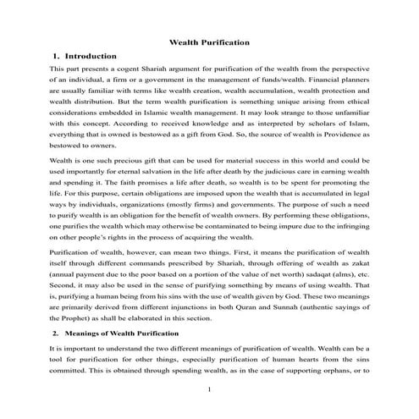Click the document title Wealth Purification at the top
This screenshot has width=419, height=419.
pos(209,40)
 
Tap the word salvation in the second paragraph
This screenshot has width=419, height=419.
pos(132,172)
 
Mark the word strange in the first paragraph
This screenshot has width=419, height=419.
pos(273,111)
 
